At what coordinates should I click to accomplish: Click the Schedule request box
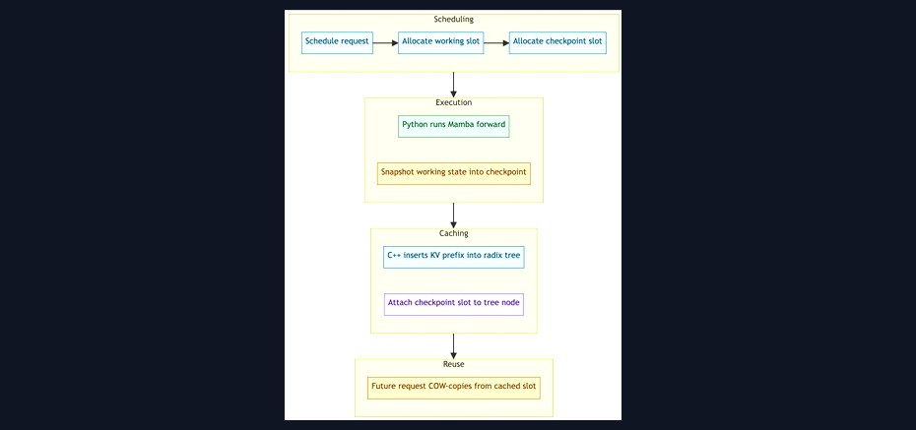point(337,42)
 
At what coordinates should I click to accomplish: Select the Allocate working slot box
point(441,42)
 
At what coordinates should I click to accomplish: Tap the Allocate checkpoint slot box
point(557,42)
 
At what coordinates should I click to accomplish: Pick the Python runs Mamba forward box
point(454,126)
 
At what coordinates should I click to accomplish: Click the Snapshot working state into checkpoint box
point(454,173)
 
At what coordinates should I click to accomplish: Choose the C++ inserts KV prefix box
point(454,257)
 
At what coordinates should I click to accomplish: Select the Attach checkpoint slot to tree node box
point(454,304)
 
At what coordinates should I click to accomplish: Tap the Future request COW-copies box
point(454,388)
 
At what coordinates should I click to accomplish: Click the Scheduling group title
point(454,20)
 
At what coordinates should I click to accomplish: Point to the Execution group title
point(454,102)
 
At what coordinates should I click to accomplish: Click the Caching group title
point(454,233)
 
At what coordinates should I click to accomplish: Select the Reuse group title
point(454,364)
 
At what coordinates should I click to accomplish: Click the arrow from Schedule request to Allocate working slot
point(385,42)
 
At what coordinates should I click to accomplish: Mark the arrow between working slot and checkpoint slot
point(496,42)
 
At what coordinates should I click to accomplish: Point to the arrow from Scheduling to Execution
point(453,85)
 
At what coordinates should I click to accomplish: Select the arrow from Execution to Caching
point(453,215)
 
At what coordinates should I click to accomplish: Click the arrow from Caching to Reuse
point(453,346)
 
